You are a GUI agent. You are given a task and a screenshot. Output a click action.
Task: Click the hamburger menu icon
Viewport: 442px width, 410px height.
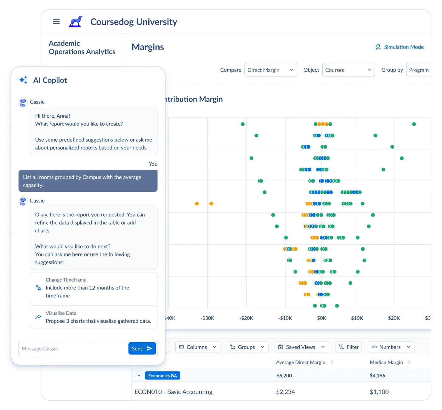[56, 21]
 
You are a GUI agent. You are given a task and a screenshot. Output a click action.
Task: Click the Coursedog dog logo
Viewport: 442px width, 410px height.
[76, 22]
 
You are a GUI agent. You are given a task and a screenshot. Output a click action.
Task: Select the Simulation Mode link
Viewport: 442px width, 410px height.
[399, 47]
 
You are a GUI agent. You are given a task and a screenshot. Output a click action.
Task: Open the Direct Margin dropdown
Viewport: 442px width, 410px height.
[270, 70]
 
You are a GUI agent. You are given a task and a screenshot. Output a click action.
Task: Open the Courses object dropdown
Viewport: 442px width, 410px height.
[348, 70]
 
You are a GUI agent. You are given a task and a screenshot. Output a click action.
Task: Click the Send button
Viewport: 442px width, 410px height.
[142, 348]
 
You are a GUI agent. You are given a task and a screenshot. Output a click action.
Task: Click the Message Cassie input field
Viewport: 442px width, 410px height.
[73, 348]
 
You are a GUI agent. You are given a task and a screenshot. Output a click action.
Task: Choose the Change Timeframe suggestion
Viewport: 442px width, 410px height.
[93, 288]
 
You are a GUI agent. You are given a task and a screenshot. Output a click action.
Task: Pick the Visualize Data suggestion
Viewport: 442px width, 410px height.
[93, 317]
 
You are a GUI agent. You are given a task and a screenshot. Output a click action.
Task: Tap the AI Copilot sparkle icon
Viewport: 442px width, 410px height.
[23, 80]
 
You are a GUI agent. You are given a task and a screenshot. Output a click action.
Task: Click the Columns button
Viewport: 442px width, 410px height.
[197, 347]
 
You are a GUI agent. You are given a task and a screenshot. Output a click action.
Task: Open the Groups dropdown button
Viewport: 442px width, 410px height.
[247, 347]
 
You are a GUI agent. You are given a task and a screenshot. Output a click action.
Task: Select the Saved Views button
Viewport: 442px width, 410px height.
[301, 347]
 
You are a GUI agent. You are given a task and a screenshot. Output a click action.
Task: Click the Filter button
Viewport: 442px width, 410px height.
[348, 347]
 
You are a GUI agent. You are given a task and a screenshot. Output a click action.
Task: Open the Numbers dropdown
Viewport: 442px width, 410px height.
[391, 347]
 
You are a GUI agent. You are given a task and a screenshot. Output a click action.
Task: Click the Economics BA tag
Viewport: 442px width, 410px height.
[162, 376]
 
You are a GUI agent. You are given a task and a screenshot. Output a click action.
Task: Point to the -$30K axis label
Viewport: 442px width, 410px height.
[207, 318]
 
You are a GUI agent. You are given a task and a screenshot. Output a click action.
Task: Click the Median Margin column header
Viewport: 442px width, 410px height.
[386, 362]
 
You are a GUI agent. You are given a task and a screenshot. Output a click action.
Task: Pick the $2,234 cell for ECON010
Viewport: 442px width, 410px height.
[286, 392]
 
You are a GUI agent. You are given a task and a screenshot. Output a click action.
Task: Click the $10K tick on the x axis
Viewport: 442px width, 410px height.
[357, 318]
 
